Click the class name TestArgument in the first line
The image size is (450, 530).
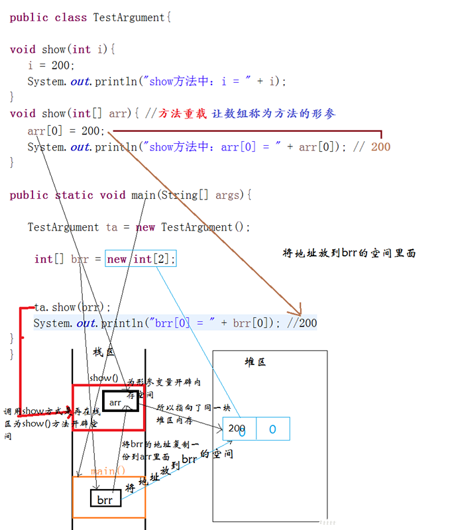(129, 18)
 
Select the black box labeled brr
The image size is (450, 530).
(105, 499)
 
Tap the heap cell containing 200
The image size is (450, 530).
(239, 429)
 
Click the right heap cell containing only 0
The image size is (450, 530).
(272, 429)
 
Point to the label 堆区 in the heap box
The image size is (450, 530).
(255, 362)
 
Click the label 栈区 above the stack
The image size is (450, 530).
(103, 352)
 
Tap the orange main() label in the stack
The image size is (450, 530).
(108, 471)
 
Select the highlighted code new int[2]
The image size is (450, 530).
(141, 259)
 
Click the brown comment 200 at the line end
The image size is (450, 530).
(380, 146)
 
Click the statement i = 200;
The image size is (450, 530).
(51, 66)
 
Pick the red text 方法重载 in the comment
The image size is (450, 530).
(184, 114)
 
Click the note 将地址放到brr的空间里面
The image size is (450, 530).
(349, 253)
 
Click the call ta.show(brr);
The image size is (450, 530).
(73, 307)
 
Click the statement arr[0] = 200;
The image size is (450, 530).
(66, 131)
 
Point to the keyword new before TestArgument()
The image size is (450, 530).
(145, 227)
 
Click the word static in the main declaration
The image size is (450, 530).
(74, 195)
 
